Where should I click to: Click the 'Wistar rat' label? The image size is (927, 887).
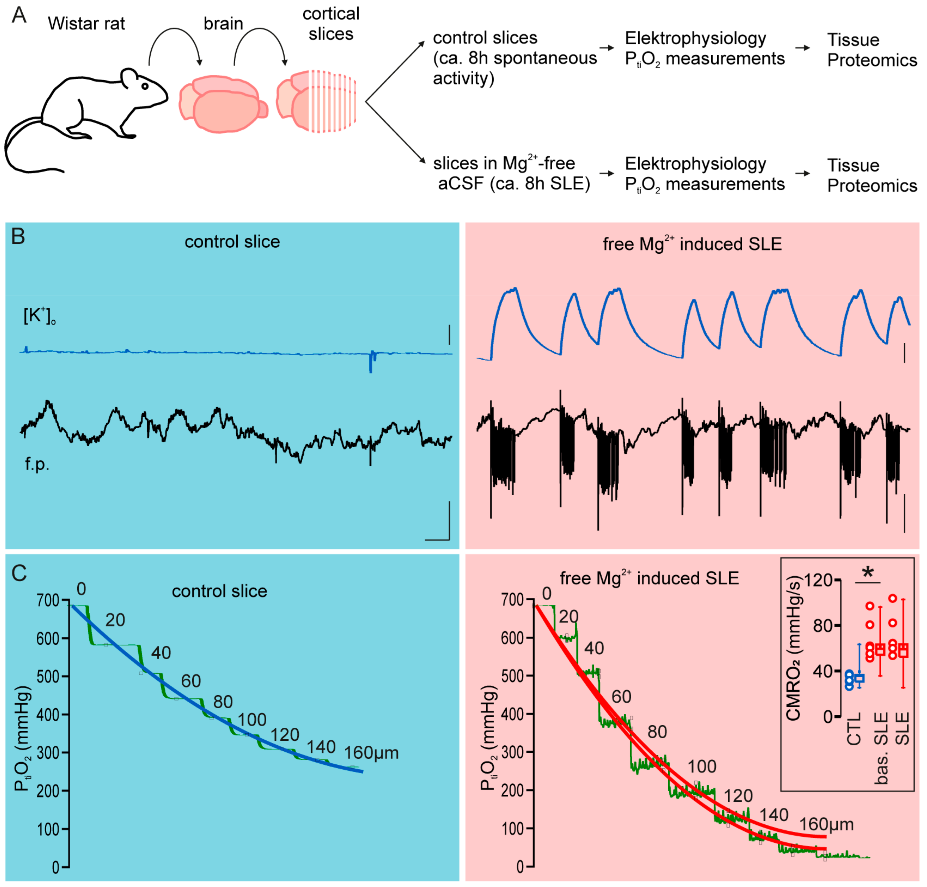[87, 24]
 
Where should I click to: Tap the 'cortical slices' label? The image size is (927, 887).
[331, 24]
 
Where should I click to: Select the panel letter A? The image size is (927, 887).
[19, 15]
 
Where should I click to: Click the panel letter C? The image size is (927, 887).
[19, 573]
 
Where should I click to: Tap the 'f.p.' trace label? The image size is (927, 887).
[37, 464]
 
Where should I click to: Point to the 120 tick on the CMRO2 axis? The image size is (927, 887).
[818, 580]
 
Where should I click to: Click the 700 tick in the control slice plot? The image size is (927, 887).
[48, 600]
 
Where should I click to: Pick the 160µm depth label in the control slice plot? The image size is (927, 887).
[371, 753]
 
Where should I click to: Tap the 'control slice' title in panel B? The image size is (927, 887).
[232, 242]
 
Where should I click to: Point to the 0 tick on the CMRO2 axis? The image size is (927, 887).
[828, 717]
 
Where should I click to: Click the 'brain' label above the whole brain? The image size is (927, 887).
[223, 24]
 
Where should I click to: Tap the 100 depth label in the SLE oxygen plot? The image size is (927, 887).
[702, 766]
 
